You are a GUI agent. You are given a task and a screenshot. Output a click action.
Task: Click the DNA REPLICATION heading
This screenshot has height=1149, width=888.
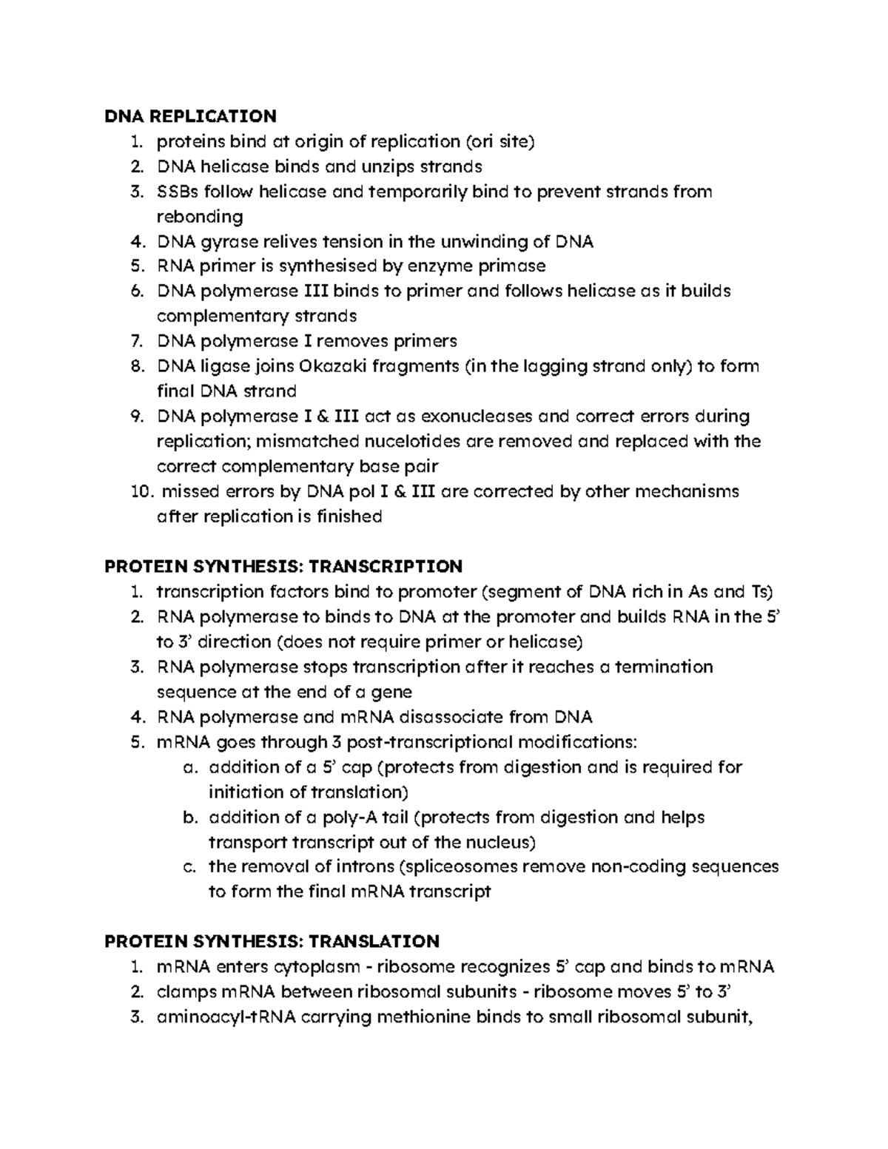click(191, 116)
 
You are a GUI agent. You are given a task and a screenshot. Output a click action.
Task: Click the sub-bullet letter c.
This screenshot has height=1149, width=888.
click(189, 867)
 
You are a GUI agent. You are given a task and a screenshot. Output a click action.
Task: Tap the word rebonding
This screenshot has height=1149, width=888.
click(200, 218)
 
